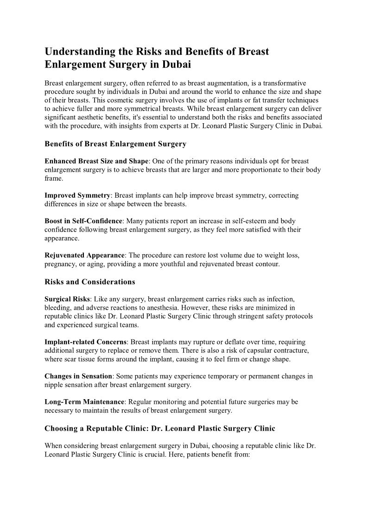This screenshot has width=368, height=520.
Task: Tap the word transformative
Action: (297, 83)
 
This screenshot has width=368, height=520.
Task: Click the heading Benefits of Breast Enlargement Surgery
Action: (115, 144)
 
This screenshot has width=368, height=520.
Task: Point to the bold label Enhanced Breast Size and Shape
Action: (96, 161)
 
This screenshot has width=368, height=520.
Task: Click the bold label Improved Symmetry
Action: (77, 195)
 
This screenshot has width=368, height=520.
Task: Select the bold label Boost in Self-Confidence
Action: (83, 221)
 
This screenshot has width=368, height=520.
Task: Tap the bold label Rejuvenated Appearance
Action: (85, 255)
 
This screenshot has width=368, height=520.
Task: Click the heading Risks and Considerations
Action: (90, 282)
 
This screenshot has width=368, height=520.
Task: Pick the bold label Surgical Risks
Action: (67, 299)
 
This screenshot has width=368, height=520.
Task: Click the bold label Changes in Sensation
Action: (78, 376)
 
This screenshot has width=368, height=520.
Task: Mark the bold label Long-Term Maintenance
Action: (84, 401)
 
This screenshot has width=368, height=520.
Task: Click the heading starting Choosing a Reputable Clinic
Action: (160, 428)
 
